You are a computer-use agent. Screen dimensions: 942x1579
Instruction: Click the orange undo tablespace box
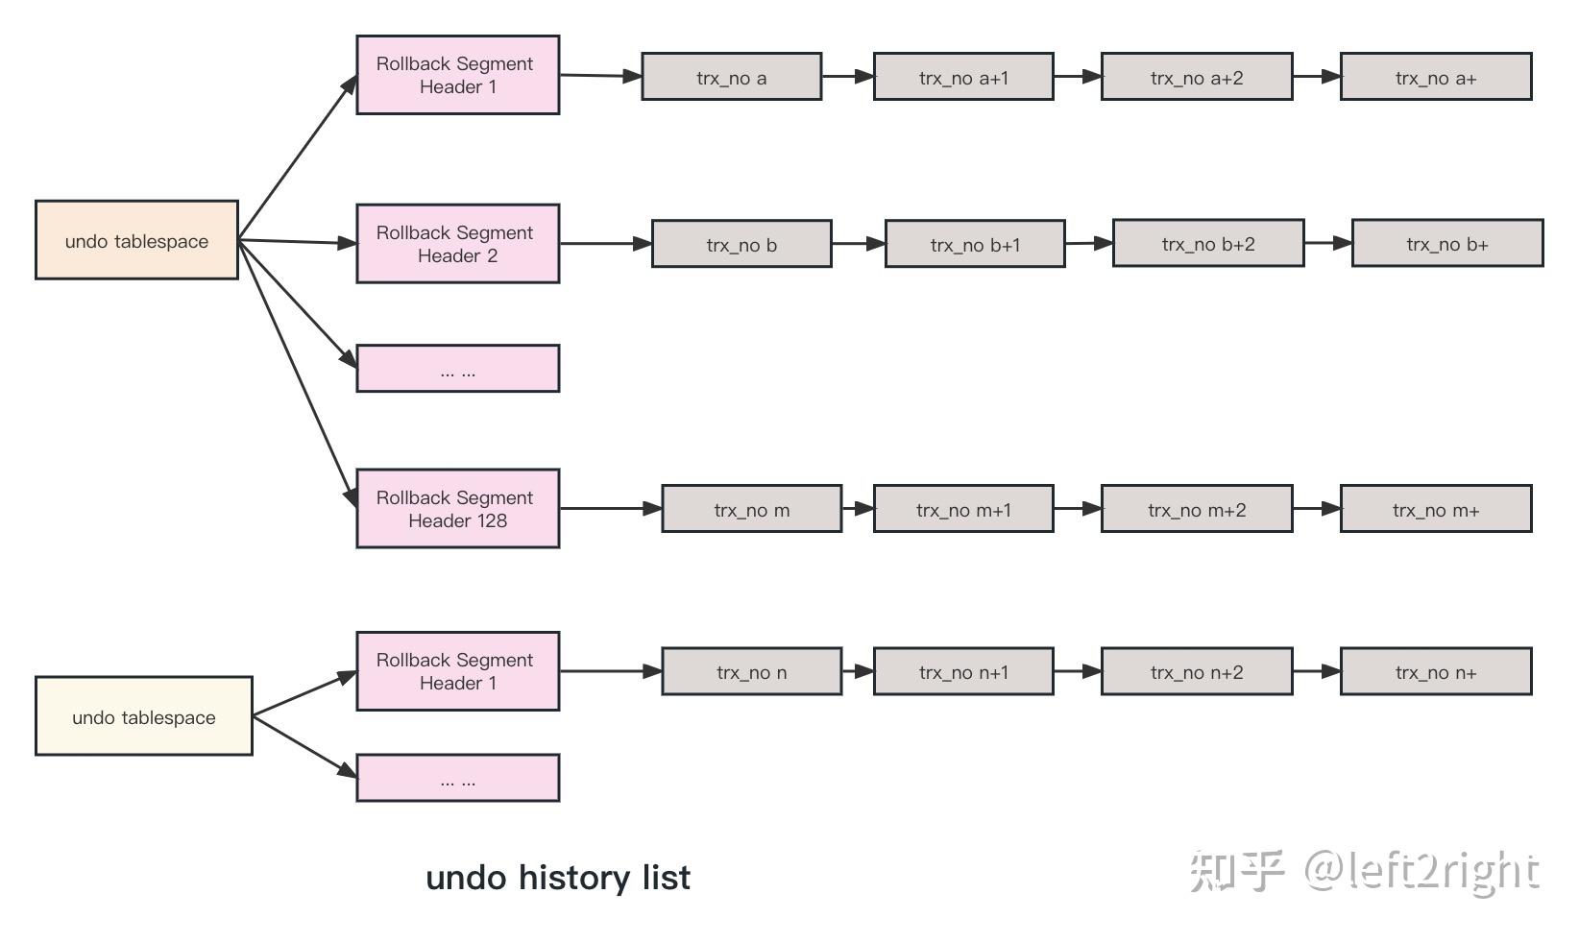point(136,240)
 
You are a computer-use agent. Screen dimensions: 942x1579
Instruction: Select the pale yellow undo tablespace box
point(144,716)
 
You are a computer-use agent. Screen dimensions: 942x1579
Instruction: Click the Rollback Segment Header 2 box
point(457,244)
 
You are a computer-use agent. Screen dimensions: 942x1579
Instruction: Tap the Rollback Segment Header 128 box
point(457,509)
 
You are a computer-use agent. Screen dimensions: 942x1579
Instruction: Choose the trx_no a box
point(731,77)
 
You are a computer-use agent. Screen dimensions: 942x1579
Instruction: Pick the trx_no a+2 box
point(1196,77)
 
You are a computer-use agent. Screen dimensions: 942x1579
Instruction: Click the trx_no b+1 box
point(974,244)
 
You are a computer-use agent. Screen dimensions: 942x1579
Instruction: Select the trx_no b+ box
point(1446,244)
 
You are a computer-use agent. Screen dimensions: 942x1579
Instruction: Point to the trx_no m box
point(751,509)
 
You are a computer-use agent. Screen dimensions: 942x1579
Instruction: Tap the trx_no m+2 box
point(1196,509)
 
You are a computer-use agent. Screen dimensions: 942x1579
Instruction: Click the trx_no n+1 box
point(962,672)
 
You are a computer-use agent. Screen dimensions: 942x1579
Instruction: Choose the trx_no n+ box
point(1435,672)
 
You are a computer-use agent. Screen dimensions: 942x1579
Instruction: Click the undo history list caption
point(557,878)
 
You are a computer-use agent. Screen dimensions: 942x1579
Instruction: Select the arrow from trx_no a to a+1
point(847,76)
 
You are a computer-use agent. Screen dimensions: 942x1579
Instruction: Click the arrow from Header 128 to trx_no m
point(610,508)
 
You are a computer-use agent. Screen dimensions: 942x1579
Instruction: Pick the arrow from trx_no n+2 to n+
point(1316,671)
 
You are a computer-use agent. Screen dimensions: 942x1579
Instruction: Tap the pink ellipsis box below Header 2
point(457,369)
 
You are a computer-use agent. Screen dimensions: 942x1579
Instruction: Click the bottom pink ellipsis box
point(457,778)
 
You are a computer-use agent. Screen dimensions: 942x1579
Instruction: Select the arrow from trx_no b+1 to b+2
point(1088,243)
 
